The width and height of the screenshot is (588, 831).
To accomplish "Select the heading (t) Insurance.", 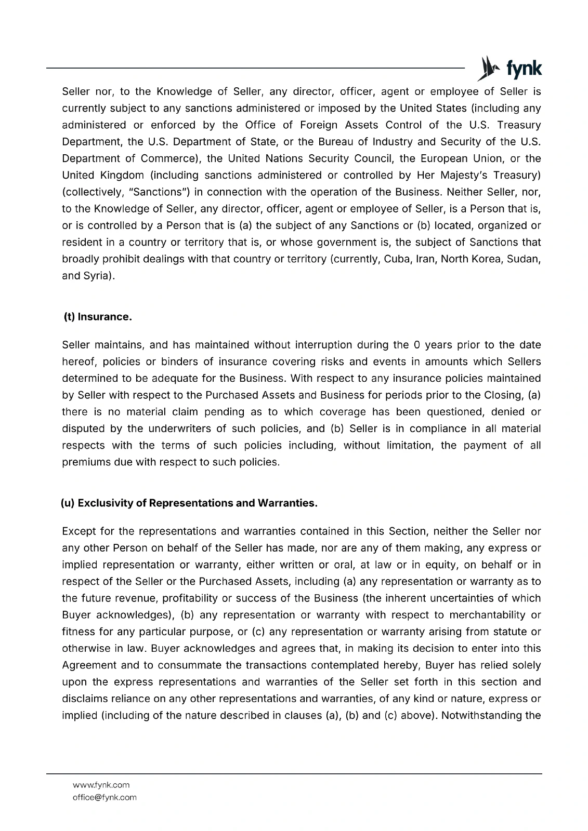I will coord(97,317).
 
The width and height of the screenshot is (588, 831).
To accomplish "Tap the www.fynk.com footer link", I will coord(101,785).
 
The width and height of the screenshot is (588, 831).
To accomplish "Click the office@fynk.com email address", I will coord(104,797).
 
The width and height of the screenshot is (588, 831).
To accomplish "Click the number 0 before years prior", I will coord(416,345).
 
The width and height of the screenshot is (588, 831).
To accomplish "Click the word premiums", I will coord(84,462).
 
